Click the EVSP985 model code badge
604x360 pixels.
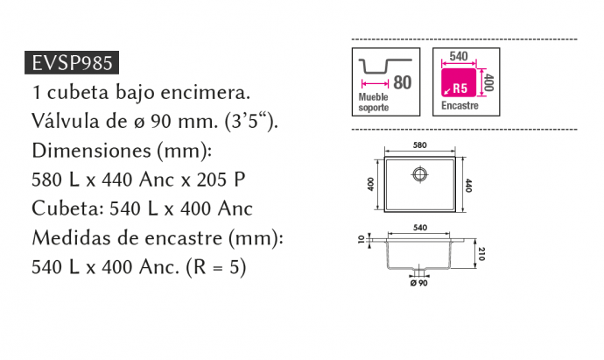pyautogui.click(x=73, y=63)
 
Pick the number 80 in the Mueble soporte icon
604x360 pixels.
pyautogui.click(x=402, y=83)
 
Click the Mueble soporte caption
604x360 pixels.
pyautogui.click(x=375, y=102)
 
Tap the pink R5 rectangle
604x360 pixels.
pyautogui.click(x=461, y=84)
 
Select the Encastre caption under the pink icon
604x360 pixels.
pyautogui.click(x=460, y=106)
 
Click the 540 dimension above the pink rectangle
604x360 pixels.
pyautogui.click(x=458, y=56)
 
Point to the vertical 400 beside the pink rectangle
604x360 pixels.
pyautogui.click(x=488, y=83)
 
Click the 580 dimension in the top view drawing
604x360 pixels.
pyautogui.click(x=419, y=145)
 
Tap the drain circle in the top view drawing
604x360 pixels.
pyautogui.click(x=419, y=174)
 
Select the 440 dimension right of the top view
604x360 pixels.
pyautogui.click(x=469, y=185)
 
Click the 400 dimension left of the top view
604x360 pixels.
pyautogui.click(x=370, y=185)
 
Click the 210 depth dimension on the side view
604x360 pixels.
pyautogui.click(x=481, y=254)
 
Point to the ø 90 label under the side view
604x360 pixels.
pyautogui.click(x=418, y=283)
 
